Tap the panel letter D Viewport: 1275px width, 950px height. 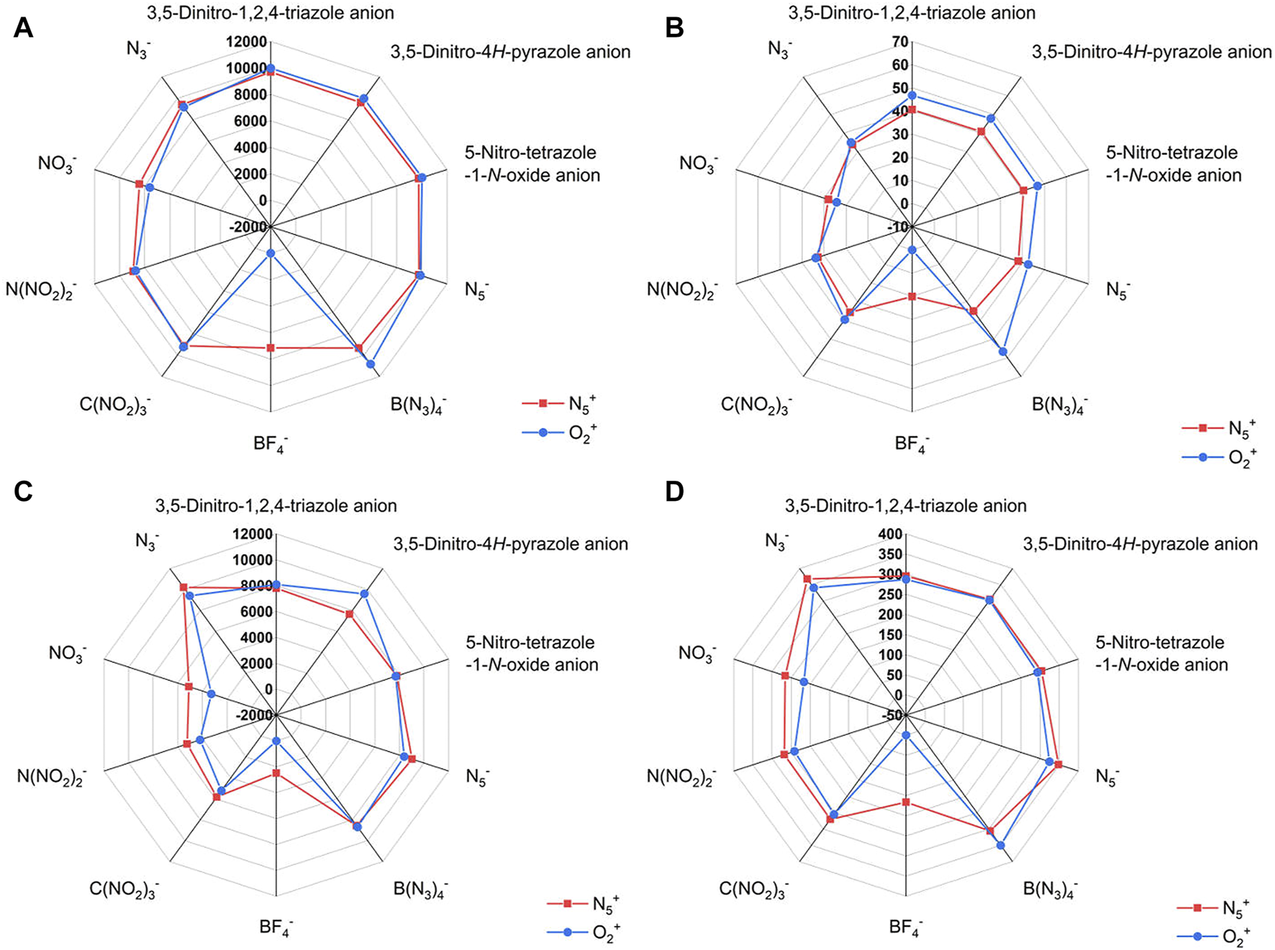point(674,492)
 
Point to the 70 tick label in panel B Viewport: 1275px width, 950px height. point(899,42)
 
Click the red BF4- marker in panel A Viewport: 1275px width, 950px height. point(271,348)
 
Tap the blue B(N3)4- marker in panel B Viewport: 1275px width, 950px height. point(1003,351)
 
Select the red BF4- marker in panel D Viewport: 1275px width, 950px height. point(906,802)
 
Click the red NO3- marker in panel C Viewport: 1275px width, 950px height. point(189,687)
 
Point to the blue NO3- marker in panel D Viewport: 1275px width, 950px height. point(804,682)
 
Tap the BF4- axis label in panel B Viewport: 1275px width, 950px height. point(911,443)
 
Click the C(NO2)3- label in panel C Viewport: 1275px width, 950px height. point(124,890)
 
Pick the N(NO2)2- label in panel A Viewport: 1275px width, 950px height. point(40,290)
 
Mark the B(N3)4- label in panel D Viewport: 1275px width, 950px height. point(1050,890)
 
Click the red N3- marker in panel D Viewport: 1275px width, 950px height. point(807,579)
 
